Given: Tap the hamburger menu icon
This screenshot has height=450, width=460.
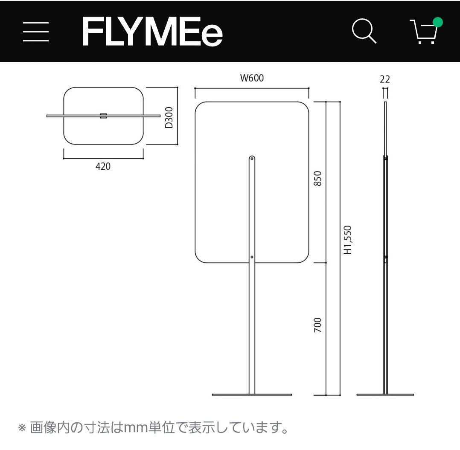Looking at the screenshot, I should pyautogui.click(x=36, y=32).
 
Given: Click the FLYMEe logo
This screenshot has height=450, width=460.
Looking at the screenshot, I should pyautogui.click(x=152, y=32).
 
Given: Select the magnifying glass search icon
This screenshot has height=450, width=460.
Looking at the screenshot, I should pyautogui.click(x=364, y=31).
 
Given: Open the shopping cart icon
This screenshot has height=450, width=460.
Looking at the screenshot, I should pyautogui.click(x=425, y=32).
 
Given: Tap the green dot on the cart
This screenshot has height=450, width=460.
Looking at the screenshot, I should pyautogui.click(x=437, y=22).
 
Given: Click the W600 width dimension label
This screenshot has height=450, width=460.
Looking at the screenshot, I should pyautogui.click(x=252, y=78).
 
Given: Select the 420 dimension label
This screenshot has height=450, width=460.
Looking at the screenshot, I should pyautogui.click(x=103, y=167).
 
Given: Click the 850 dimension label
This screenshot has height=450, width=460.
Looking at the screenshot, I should pyautogui.click(x=317, y=178).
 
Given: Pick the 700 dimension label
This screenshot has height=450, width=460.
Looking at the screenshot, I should pyautogui.click(x=317, y=325).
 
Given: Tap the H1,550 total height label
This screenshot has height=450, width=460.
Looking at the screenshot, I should pyautogui.click(x=349, y=240).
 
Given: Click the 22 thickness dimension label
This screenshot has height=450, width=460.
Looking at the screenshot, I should pyautogui.click(x=385, y=79).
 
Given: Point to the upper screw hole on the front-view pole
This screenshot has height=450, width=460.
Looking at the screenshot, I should pyautogui.click(x=252, y=159).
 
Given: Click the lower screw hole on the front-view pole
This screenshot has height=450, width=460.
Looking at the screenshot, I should pyautogui.click(x=252, y=257).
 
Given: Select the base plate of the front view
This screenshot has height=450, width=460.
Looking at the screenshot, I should pyautogui.click(x=252, y=395).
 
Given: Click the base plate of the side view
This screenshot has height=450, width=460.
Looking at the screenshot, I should pyautogui.click(x=385, y=395).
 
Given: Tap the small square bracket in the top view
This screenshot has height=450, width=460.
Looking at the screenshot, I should pyautogui.click(x=103, y=116).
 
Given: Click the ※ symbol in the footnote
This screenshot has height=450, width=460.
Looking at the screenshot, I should pyautogui.click(x=22, y=427).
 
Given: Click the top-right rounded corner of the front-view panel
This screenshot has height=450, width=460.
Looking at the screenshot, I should pyautogui.click(x=303, y=107).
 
